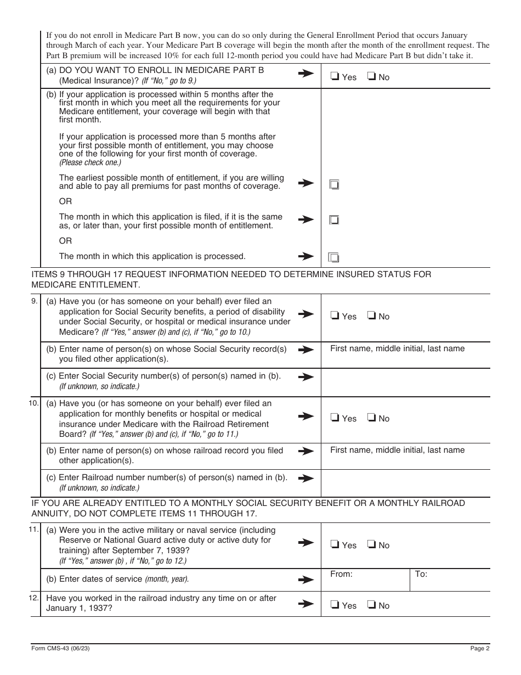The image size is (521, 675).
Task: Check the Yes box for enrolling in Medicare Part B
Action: [335, 77]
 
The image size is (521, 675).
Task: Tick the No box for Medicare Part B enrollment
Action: [371, 77]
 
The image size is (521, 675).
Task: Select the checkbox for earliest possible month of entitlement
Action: [334, 185]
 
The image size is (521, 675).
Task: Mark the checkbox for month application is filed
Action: [334, 220]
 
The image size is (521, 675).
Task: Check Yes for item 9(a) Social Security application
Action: [335, 316]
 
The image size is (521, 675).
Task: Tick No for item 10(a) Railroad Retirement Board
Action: [371, 418]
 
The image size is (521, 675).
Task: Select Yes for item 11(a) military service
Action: [335, 545]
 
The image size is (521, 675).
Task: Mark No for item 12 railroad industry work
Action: [371, 605]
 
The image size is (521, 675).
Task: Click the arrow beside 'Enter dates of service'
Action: [305, 579]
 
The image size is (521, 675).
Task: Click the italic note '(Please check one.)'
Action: [90, 163]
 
